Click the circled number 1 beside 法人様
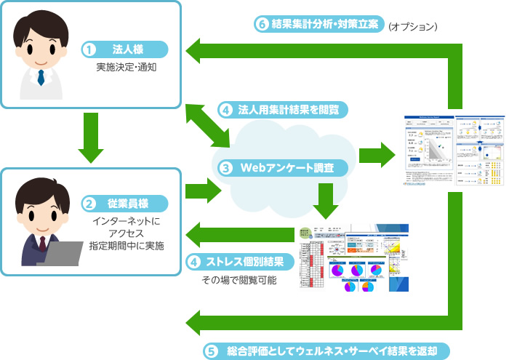coord(89,50)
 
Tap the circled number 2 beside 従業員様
coord(89,204)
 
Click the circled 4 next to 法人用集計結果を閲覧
coord(226,110)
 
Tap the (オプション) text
coord(412,25)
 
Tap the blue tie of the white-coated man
coord(41,77)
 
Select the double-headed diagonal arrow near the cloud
coord(208,125)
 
